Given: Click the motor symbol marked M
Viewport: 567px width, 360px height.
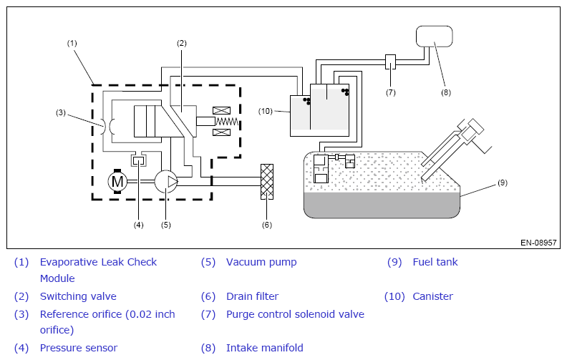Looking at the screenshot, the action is coord(117,181).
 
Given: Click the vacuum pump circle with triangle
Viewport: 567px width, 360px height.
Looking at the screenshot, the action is coord(166,181).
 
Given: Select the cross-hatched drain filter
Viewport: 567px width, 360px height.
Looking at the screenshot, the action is coord(267,182).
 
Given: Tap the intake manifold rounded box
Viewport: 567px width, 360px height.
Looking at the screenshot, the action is coord(435,37).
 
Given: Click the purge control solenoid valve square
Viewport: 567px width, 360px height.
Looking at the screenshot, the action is coord(391,62).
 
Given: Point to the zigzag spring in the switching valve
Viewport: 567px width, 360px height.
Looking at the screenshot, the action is coord(227,122).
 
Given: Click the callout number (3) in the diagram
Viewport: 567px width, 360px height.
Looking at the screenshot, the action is coord(61,113).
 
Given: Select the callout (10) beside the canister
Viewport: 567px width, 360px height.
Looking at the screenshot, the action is coord(265,111).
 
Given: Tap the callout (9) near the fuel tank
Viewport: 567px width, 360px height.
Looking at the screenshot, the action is coord(503,183).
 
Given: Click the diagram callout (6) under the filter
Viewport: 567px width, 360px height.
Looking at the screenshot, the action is coord(267,225).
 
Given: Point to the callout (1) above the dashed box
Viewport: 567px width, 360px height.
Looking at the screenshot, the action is coord(72,44).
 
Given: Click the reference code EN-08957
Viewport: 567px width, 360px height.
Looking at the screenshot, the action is coord(538,243).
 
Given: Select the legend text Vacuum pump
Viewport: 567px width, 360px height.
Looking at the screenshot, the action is coord(261,262).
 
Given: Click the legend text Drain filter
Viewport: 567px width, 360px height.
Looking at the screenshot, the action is coord(253,296).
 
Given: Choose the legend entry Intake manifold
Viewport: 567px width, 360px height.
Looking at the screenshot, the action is coord(265,348).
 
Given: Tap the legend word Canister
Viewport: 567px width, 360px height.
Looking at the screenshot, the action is coord(432,296).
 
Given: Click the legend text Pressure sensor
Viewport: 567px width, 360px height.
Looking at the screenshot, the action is coord(79,348).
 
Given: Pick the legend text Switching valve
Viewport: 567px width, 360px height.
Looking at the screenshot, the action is coord(78,296).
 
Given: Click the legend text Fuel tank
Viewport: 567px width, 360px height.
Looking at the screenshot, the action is coord(435,262).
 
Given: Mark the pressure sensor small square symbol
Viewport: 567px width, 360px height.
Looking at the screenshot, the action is coord(138,160).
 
